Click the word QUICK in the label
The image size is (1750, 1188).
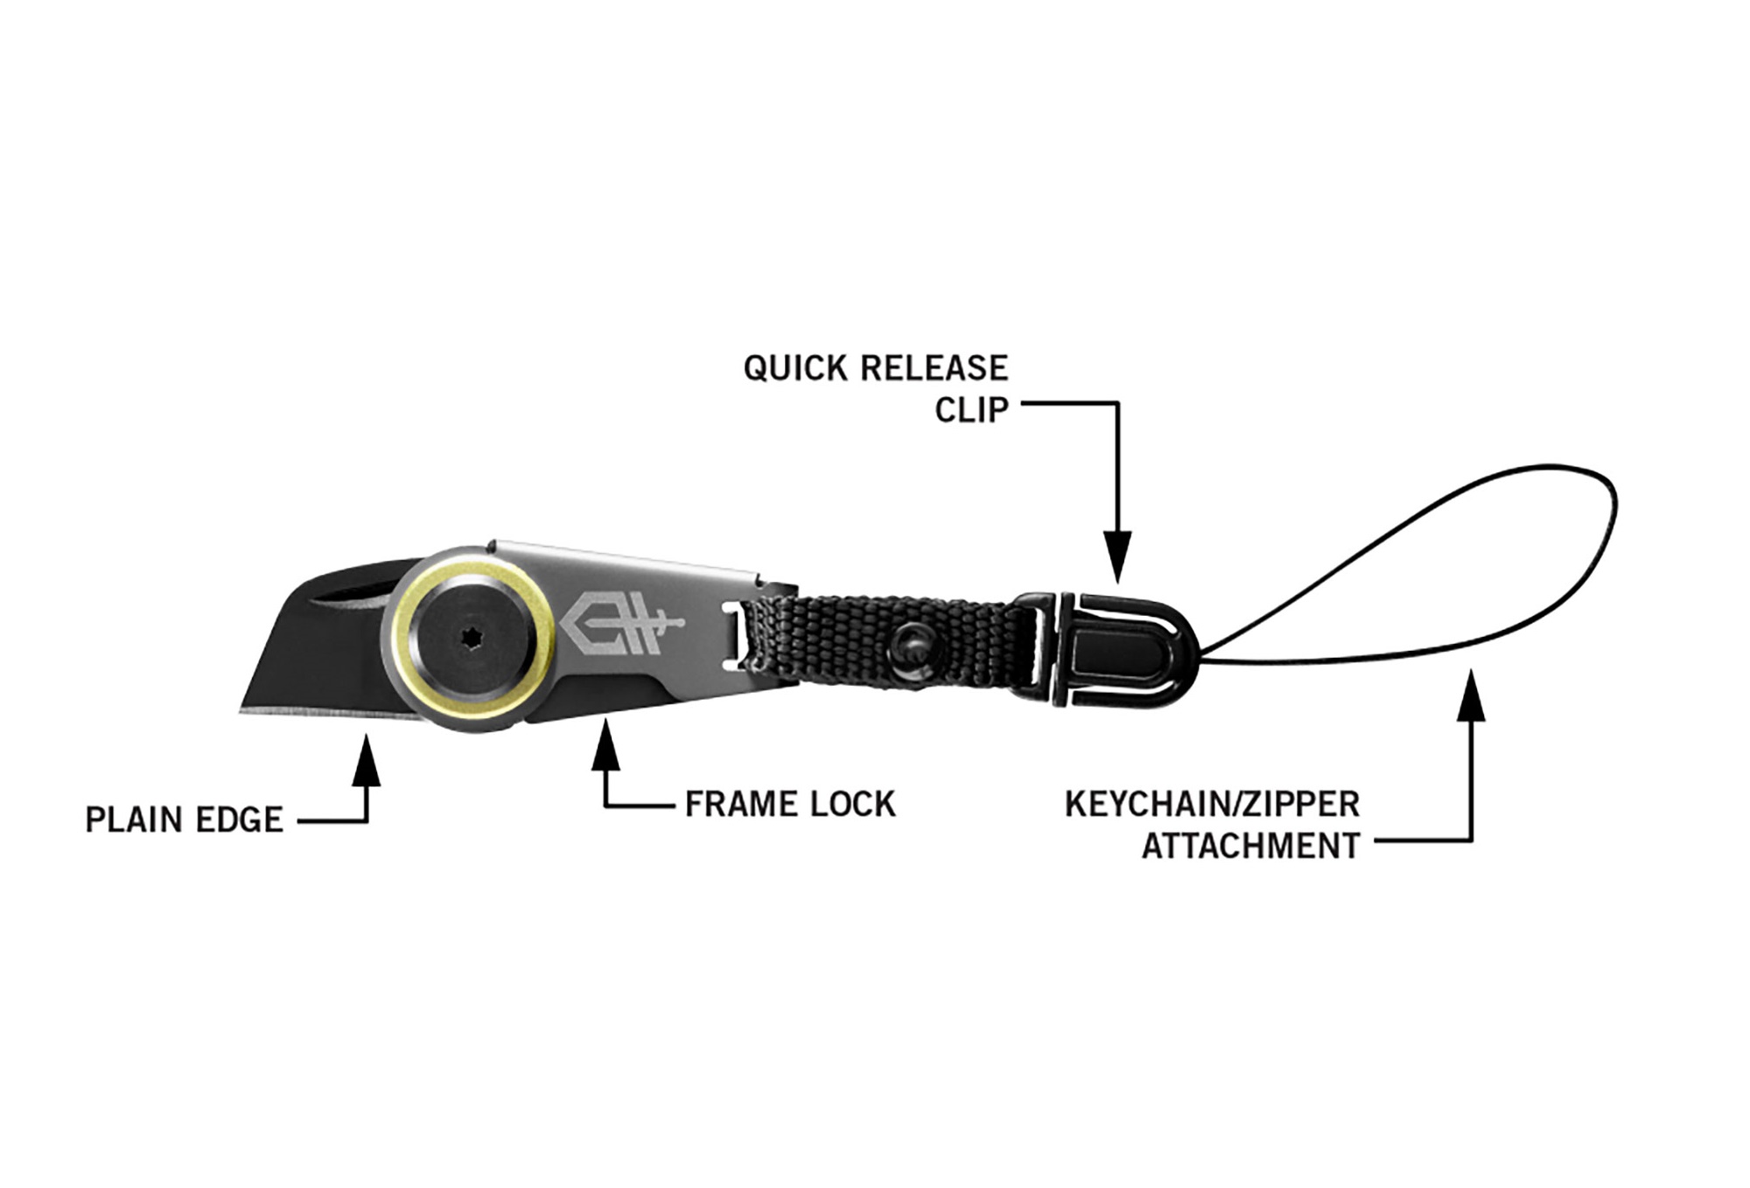[x=795, y=368]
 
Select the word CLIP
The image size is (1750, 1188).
[x=971, y=409]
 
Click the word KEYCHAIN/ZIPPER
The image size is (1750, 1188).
[x=1212, y=804]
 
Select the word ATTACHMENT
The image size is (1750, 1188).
[x=1250, y=846]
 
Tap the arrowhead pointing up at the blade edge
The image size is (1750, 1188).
[x=367, y=759]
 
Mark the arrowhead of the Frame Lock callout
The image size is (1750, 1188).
[x=605, y=744]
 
